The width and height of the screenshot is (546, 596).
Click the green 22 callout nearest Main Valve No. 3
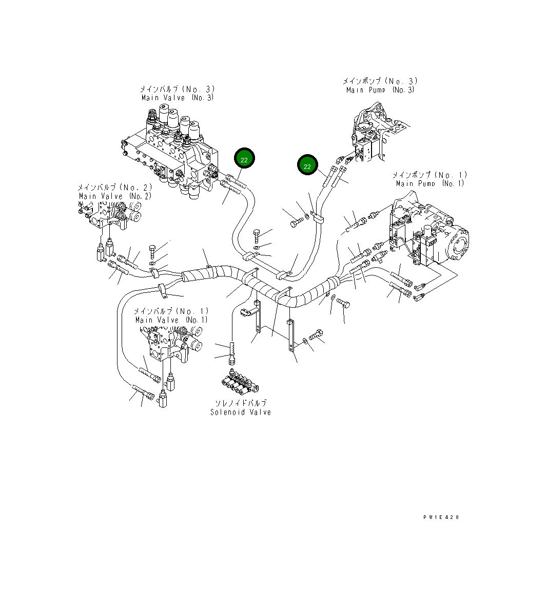pyautogui.click(x=244, y=160)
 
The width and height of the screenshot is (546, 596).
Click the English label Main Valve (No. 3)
pyautogui.click(x=178, y=98)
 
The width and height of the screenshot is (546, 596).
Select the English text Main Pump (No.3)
pyautogui.click(x=380, y=90)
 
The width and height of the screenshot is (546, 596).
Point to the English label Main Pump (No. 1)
pyautogui.click(x=430, y=183)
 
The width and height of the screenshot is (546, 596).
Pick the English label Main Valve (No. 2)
pyautogui.click(x=108, y=196)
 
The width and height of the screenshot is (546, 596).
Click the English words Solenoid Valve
pyautogui.click(x=241, y=412)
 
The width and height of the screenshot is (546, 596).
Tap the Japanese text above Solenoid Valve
pyautogui.click(x=241, y=403)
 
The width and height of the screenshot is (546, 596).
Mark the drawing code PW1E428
pyautogui.click(x=441, y=517)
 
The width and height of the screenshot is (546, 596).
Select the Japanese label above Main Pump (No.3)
pyautogui.click(x=380, y=81)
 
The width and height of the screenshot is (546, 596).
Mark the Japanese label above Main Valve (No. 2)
pyautogui.click(x=108, y=188)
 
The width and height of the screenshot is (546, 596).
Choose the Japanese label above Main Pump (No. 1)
pyautogui.click(x=430, y=175)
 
